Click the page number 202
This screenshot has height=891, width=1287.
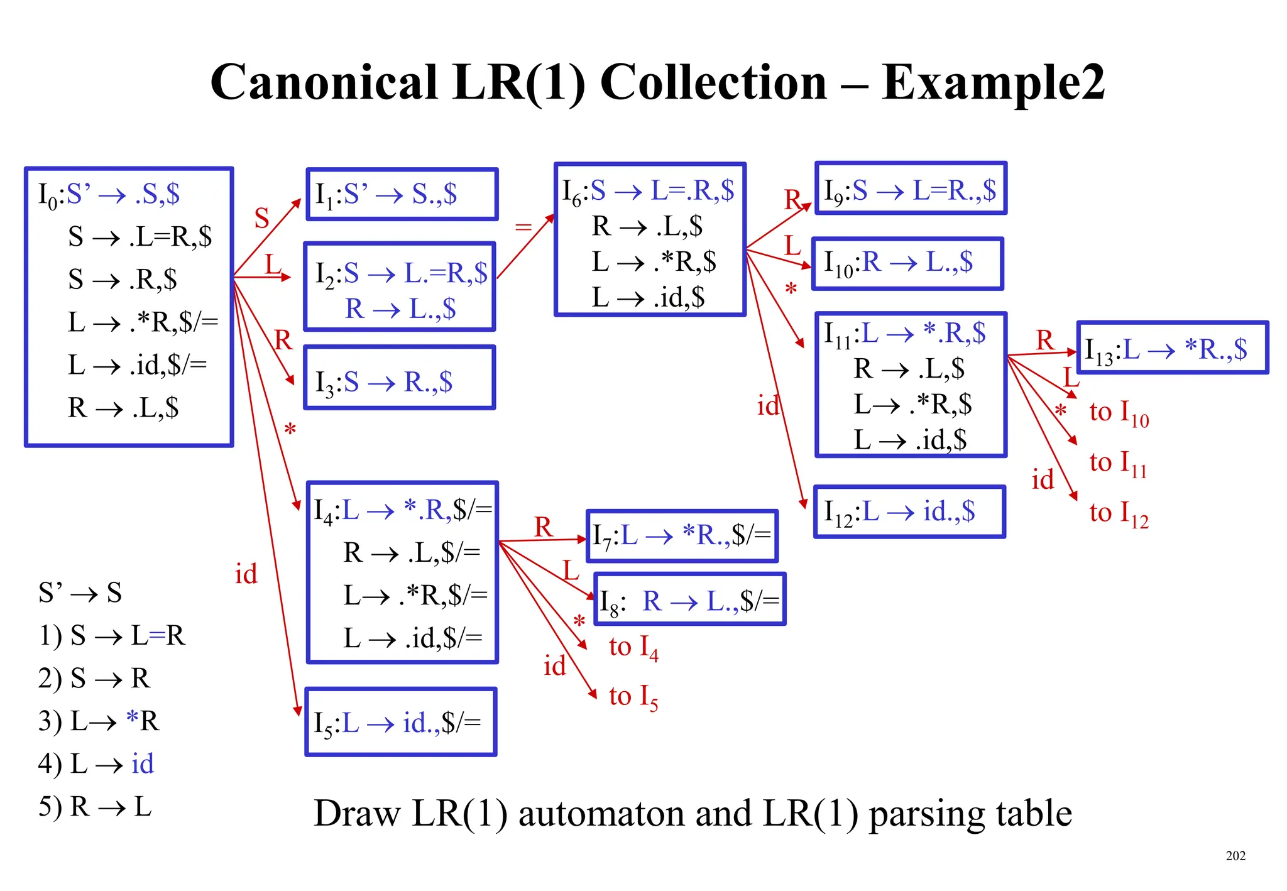click(1235, 855)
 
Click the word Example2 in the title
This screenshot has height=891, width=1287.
click(992, 83)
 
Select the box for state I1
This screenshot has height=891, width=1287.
click(402, 194)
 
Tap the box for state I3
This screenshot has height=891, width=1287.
click(400, 378)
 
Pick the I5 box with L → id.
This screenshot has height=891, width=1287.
click(401, 722)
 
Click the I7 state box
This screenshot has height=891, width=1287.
click(682, 536)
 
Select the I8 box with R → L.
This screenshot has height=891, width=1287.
click(689, 599)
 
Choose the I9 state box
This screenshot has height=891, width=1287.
click(911, 189)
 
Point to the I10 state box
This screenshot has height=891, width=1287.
click(907, 263)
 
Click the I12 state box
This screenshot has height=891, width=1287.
click(909, 511)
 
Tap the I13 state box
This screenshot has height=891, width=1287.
click(1172, 348)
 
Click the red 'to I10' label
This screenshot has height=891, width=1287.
click(1119, 413)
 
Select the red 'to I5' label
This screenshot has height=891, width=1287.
click(633, 697)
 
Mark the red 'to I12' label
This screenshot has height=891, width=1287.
click(1119, 514)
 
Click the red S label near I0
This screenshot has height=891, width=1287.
click(261, 219)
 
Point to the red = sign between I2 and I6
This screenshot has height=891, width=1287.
click(523, 227)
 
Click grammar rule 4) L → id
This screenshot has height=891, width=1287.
click(96, 764)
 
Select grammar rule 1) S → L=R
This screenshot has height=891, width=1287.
click(112, 635)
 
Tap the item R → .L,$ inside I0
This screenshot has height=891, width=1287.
click(123, 408)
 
